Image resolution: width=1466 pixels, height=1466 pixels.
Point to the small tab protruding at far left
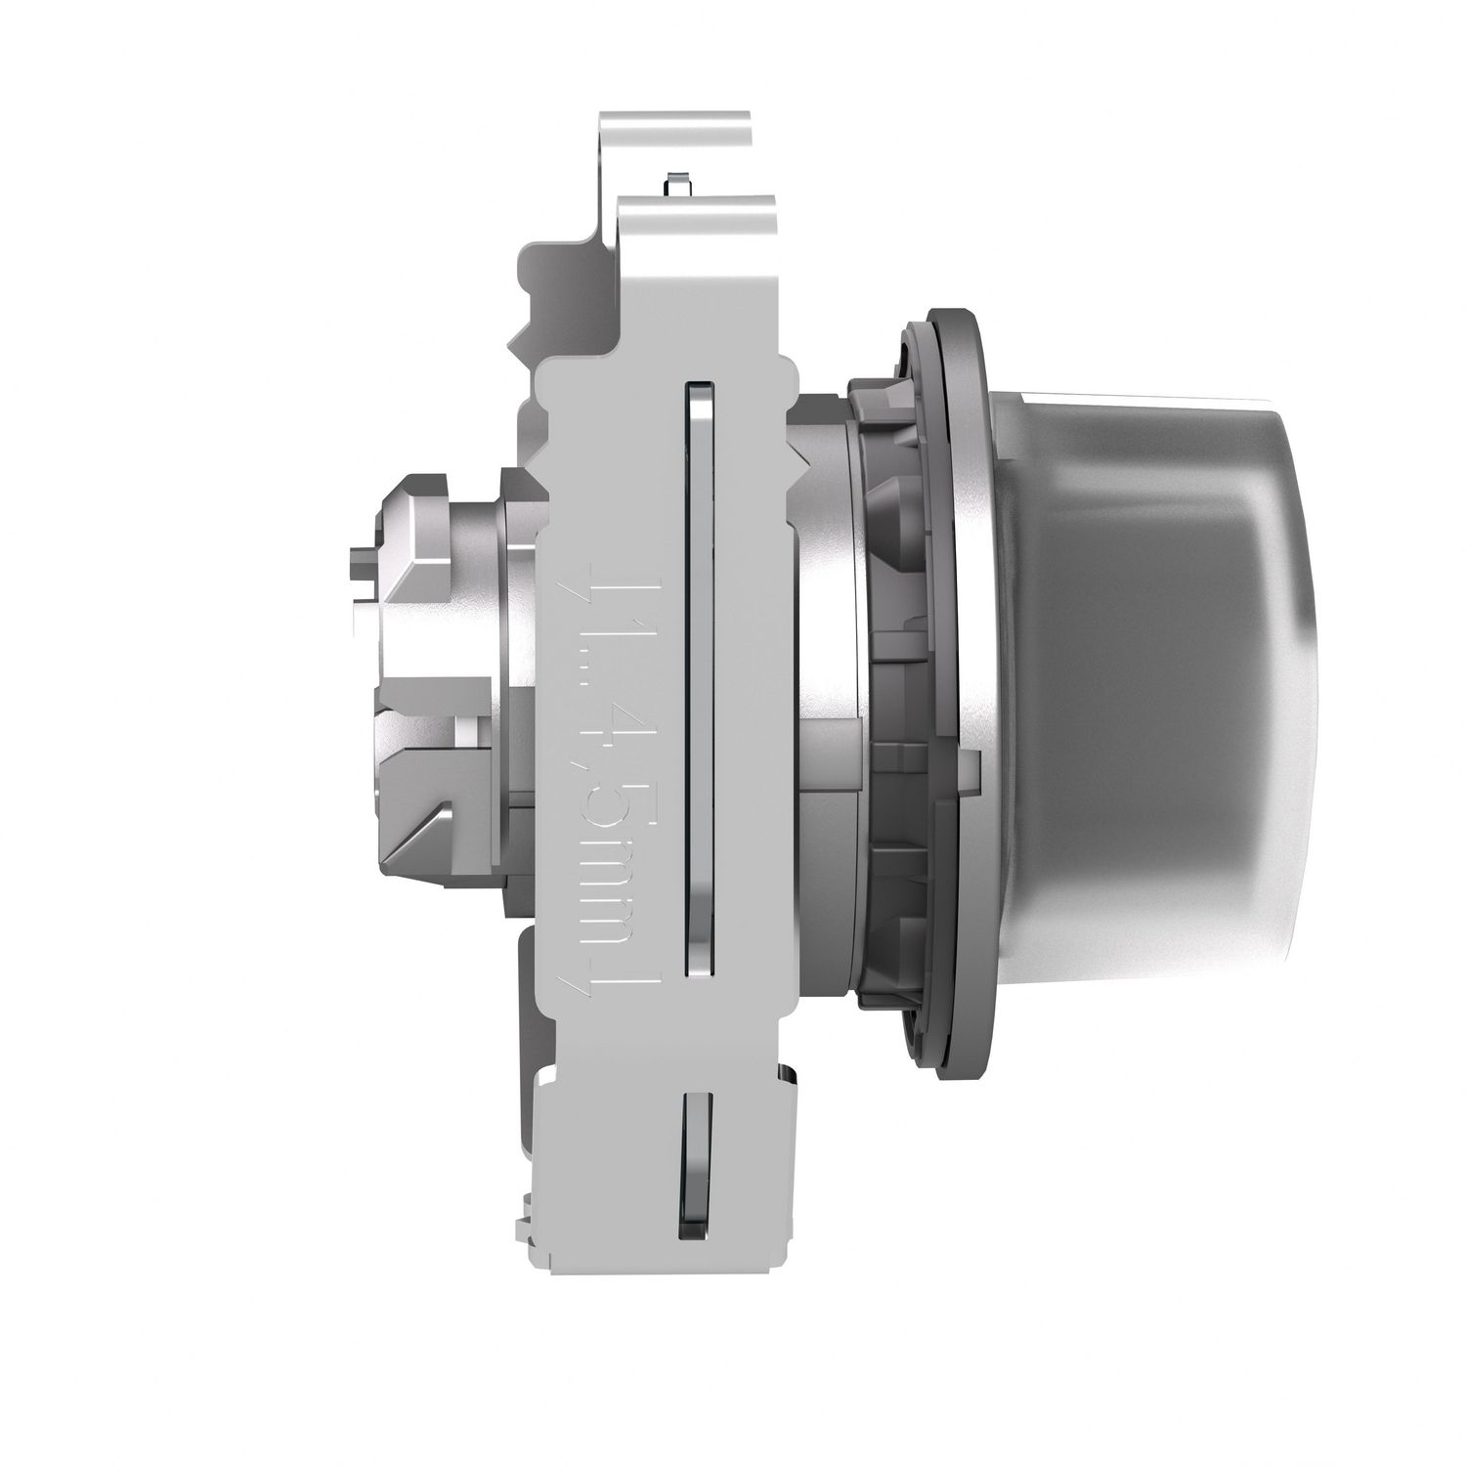pos(359,567)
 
